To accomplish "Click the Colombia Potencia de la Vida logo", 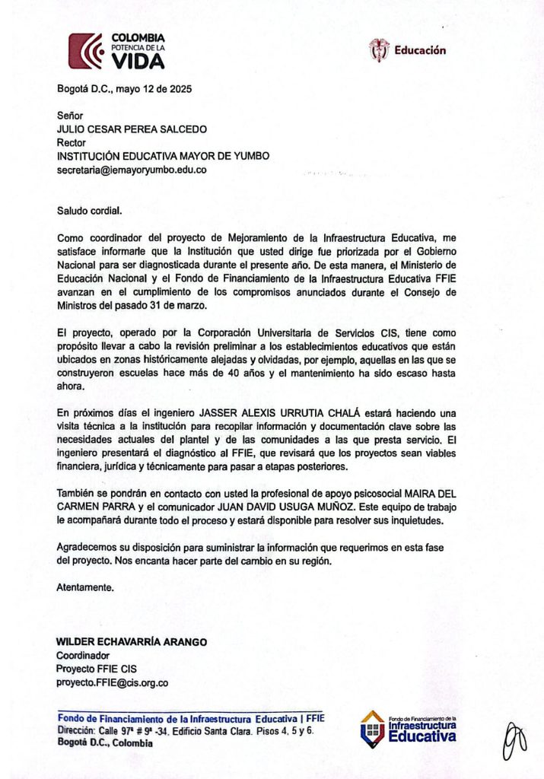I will point(116,51).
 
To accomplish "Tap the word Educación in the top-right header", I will point(420,51).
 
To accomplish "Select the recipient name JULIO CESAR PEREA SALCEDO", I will point(132,129).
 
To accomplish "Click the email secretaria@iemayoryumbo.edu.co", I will point(132,170).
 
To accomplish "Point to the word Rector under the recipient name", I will point(72,142).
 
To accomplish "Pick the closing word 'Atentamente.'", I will point(86,588).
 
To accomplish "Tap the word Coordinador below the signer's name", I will point(83,655).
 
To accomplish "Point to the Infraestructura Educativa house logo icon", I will point(372,729).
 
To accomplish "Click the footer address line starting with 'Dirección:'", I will point(186,730).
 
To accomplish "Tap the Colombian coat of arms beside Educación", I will point(378,50).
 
